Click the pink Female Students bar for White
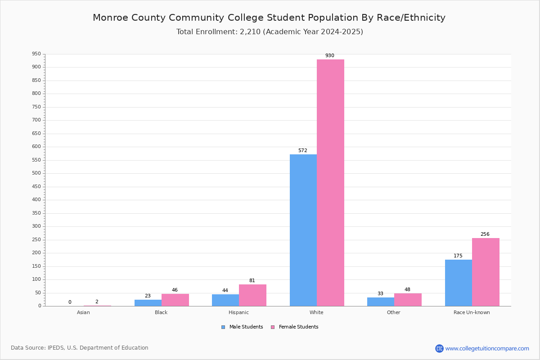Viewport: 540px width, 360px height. (330, 183)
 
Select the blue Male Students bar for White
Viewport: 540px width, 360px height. (303, 230)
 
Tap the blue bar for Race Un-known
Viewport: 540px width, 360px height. (459, 283)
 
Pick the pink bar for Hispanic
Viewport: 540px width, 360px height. (252, 295)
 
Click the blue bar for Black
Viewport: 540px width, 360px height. (148, 303)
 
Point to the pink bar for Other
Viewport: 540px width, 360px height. (408, 300)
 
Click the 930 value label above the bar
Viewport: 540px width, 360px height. (330, 55)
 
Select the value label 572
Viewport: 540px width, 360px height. (303, 150)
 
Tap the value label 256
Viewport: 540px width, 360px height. (485, 234)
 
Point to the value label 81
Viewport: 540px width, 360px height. (252, 280)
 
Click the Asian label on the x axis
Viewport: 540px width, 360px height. (83, 312)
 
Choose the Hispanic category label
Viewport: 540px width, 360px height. (238, 312)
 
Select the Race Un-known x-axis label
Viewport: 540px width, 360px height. (472, 312)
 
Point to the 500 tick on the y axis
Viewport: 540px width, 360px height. (36, 173)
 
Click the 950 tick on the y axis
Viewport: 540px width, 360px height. (36, 54)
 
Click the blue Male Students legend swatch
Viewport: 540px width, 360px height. (223, 327)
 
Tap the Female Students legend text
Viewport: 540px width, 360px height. (299, 327)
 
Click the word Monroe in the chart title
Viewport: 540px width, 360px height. (110, 18)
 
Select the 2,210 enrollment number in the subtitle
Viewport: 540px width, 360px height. (250, 32)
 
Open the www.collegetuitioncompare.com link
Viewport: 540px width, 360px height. (487, 348)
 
